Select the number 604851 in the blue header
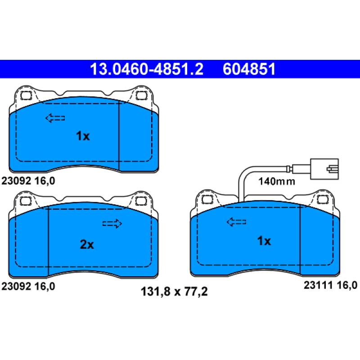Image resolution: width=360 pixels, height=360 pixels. (248, 69)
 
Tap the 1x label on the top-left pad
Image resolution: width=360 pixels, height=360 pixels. (83, 136)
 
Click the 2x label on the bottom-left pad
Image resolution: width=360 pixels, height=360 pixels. (86, 244)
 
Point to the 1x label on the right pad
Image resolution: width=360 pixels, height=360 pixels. (264, 241)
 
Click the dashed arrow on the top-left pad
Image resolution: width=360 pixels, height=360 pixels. (55, 118)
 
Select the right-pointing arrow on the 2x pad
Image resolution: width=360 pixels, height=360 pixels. (112, 223)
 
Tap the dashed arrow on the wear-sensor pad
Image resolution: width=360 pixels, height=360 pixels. (236, 221)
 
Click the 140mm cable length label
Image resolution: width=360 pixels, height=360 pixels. (276, 182)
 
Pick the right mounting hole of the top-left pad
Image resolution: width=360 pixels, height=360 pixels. (142, 95)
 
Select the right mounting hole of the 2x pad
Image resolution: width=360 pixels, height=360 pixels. (142, 201)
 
